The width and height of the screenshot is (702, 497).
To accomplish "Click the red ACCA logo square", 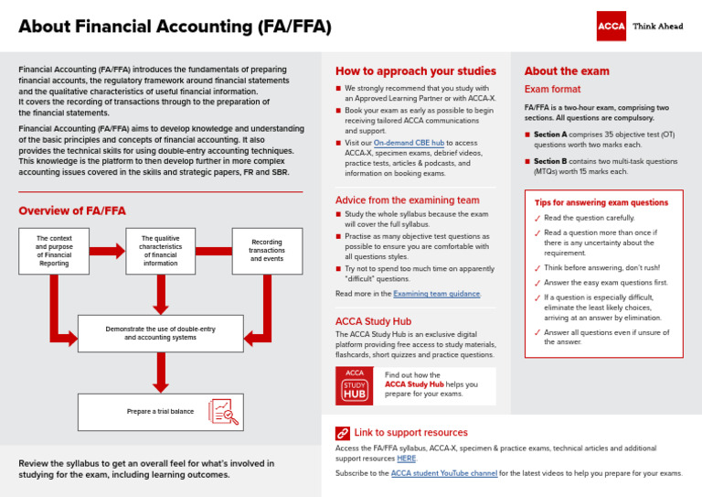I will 612,26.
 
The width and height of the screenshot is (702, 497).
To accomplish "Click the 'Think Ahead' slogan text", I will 657,27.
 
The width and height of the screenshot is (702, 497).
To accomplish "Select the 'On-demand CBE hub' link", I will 409,144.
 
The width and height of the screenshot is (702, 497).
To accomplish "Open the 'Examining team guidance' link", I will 436,294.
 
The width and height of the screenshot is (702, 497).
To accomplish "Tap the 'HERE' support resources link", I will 406,458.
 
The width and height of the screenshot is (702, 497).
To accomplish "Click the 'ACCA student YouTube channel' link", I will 443,473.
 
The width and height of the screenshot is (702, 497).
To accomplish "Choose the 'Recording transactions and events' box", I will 267,251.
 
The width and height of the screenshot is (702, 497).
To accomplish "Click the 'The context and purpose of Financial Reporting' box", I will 54,251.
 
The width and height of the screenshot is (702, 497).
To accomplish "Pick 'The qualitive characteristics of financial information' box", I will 160,251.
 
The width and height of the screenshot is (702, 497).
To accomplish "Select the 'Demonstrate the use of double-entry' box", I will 160,332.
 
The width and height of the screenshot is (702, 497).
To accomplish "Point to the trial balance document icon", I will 223,412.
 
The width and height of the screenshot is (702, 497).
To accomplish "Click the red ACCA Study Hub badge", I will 355,386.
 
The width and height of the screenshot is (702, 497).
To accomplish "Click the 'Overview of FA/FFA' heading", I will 72,211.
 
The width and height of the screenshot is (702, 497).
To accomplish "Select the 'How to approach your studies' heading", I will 415,71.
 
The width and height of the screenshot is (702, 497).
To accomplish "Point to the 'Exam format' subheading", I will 551,90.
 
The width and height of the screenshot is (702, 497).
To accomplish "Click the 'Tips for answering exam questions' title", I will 601,202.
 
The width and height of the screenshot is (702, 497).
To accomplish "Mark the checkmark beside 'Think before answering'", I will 537,269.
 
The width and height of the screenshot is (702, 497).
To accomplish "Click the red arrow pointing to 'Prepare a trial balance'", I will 161,371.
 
